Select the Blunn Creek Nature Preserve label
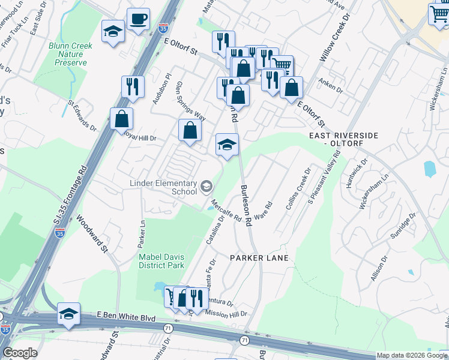[x=68, y=53]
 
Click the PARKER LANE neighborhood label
[x=259, y=257]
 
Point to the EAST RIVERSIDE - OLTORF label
[x=344, y=140]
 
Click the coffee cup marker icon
[x=138, y=20]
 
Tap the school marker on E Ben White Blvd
[x=68, y=314]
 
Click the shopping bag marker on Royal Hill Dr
[x=190, y=130]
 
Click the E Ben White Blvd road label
[x=126, y=317]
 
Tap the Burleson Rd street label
[x=246, y=204]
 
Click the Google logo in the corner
[x=20, y=353]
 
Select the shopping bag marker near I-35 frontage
[x=121, y=119]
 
